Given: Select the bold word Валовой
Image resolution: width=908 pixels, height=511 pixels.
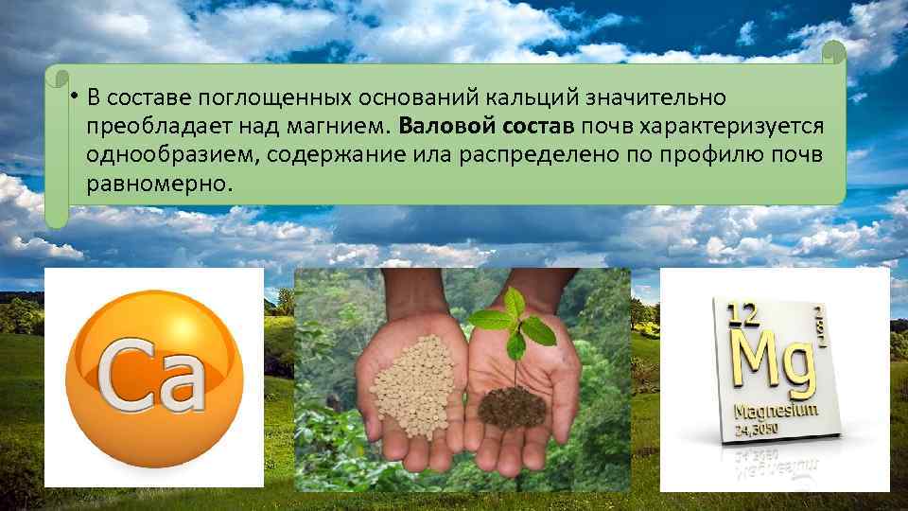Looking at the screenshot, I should (438, 126).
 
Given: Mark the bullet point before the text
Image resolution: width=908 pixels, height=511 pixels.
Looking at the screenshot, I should (72, 96).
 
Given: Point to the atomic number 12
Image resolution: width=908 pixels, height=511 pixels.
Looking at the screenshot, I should (742, 314).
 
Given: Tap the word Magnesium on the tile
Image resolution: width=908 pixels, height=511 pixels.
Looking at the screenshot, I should (773, 414).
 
